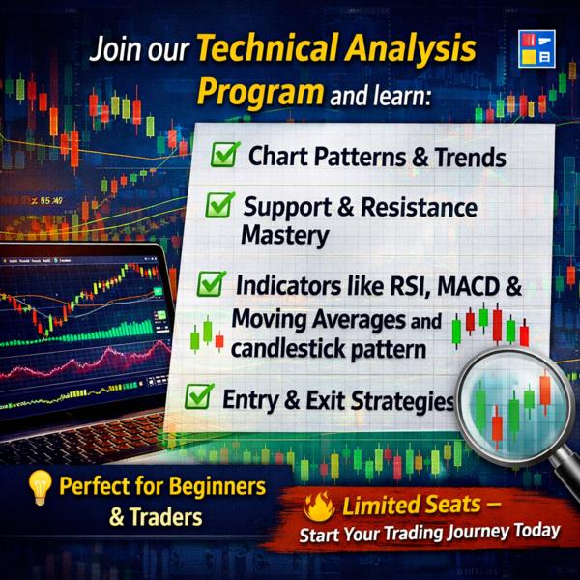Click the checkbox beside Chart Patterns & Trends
225,154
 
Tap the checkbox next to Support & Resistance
220,204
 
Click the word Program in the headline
260,93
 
